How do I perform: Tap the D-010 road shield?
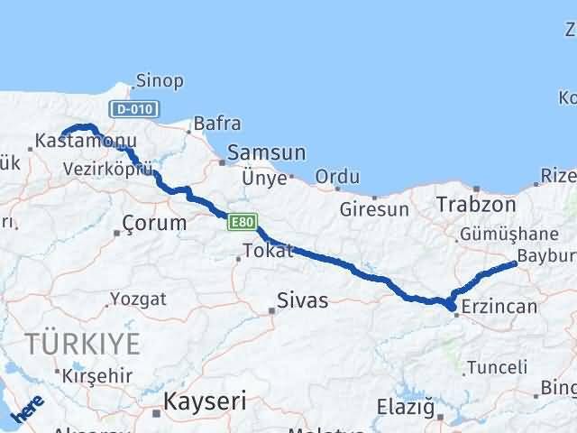(134, 109)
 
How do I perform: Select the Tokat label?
(269, 251)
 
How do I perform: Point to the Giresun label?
(374, 209)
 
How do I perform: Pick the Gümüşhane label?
(499, 233)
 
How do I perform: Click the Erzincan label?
(499, 308)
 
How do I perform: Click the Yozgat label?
(138, 298)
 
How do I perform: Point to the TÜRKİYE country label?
(83, 343)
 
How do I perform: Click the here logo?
(28, 410)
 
